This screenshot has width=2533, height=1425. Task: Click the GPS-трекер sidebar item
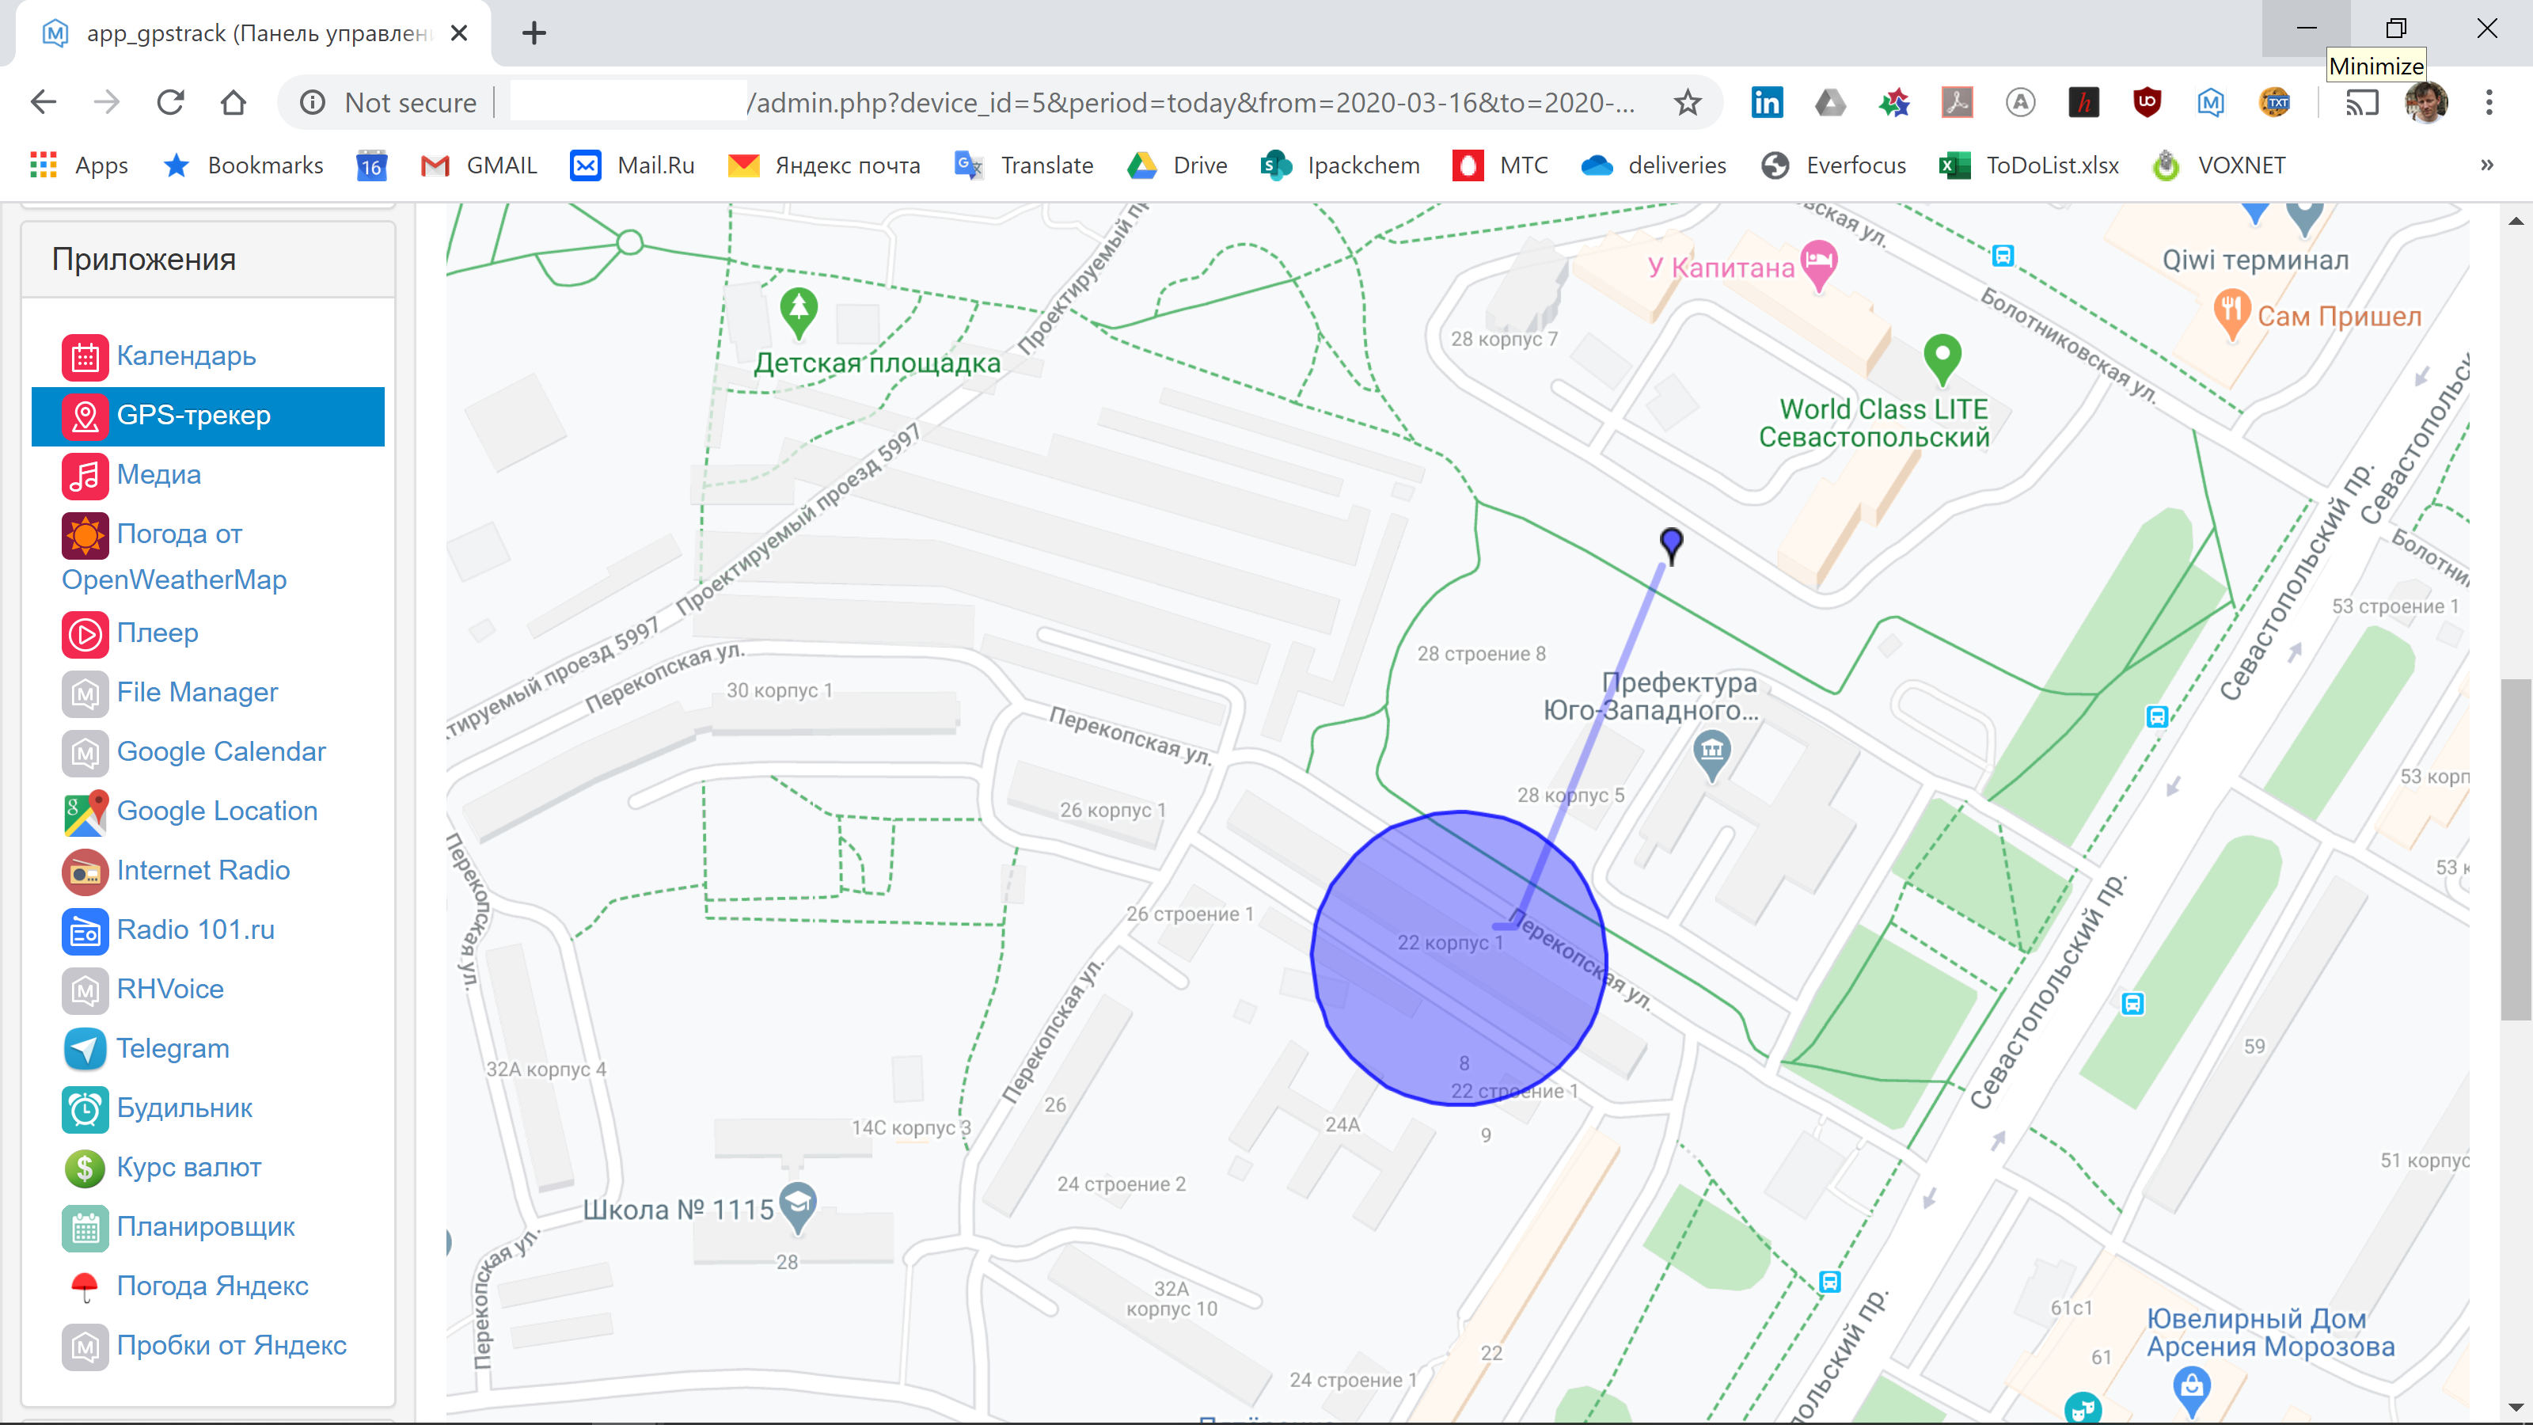point(192,416)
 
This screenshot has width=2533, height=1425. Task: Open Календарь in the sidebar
point(186,356)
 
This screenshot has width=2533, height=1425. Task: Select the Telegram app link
point(172,1048)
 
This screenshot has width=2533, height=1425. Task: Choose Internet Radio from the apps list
point(203,870)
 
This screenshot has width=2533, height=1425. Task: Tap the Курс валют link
point(189,1168)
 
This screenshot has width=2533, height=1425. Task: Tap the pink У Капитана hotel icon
point(1819,264)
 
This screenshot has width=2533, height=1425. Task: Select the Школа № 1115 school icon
point(797,1203)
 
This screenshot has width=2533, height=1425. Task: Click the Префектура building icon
point(1712,752)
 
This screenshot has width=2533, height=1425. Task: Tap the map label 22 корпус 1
point(1450,943)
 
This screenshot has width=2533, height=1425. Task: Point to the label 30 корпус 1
point(779,690)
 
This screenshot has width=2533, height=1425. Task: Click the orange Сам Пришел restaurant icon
point(2230,313)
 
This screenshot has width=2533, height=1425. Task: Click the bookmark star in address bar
point(1688,102)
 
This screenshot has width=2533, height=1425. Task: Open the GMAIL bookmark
point(480,165)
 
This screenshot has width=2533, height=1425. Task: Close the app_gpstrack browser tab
point(458,33)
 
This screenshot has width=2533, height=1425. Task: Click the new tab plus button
point(534,33)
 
